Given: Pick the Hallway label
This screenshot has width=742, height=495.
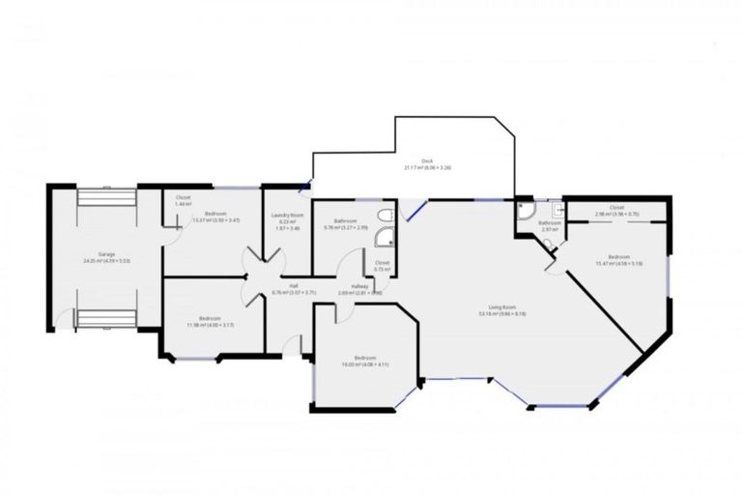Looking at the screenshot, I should click(360, 288).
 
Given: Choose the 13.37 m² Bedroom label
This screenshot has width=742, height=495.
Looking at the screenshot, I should click(215, 216).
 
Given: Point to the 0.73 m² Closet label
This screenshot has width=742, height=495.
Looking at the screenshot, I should click(381, 266).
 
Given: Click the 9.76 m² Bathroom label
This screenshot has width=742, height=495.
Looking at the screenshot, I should click(345, 223).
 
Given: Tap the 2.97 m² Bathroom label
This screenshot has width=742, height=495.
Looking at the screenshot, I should click(551, 225).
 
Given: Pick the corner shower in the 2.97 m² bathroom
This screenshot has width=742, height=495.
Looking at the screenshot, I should click(527, 210).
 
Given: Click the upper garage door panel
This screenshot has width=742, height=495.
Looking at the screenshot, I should click(106, 196).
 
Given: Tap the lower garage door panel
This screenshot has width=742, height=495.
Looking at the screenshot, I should click(106, 319).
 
